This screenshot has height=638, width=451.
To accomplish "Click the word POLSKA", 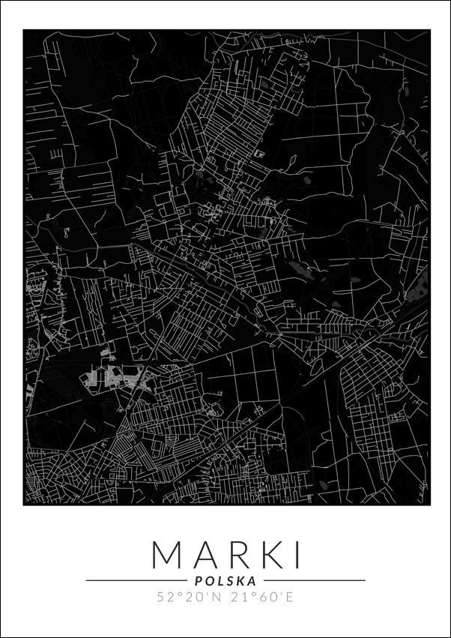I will click(225, 580).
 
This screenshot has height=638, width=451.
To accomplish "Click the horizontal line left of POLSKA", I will click(135, 580).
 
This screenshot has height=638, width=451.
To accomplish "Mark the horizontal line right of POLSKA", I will click(315, 580).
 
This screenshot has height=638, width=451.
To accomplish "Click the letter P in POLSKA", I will click(199, 580).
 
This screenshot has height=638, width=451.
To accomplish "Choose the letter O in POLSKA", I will click(209, 580).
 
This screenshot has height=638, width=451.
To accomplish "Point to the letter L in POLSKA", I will click(220, 580).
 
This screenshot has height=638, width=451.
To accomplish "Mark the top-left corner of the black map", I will click(24, 30).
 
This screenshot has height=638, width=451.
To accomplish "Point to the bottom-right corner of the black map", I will click(429, 505).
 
